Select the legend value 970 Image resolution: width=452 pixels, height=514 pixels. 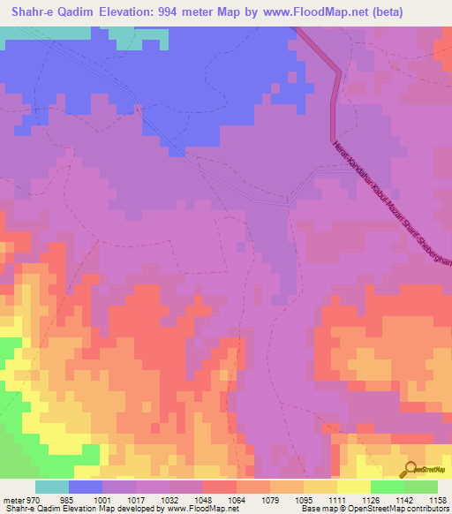point(34,500)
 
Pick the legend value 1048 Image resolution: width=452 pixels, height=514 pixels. point(203,500)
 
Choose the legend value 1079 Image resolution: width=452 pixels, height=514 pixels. point(271,500)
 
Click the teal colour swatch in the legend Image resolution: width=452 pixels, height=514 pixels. point(51,487)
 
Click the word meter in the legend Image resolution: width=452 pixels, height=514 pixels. point(13,500)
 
